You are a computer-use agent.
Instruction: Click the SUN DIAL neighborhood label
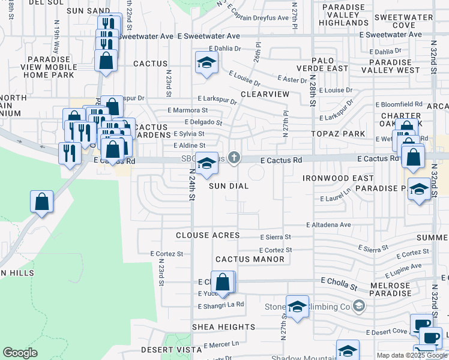229,186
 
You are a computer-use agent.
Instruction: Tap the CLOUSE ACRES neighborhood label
208,236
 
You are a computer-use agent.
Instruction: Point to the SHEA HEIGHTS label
224,327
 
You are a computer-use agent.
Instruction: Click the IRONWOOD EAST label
338,178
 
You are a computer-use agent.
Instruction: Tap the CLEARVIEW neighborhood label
265,95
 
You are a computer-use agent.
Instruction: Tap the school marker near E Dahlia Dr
206,62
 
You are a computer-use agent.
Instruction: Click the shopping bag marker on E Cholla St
223,282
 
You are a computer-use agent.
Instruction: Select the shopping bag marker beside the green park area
42,202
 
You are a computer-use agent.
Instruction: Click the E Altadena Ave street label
328,224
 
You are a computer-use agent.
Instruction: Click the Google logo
20,353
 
